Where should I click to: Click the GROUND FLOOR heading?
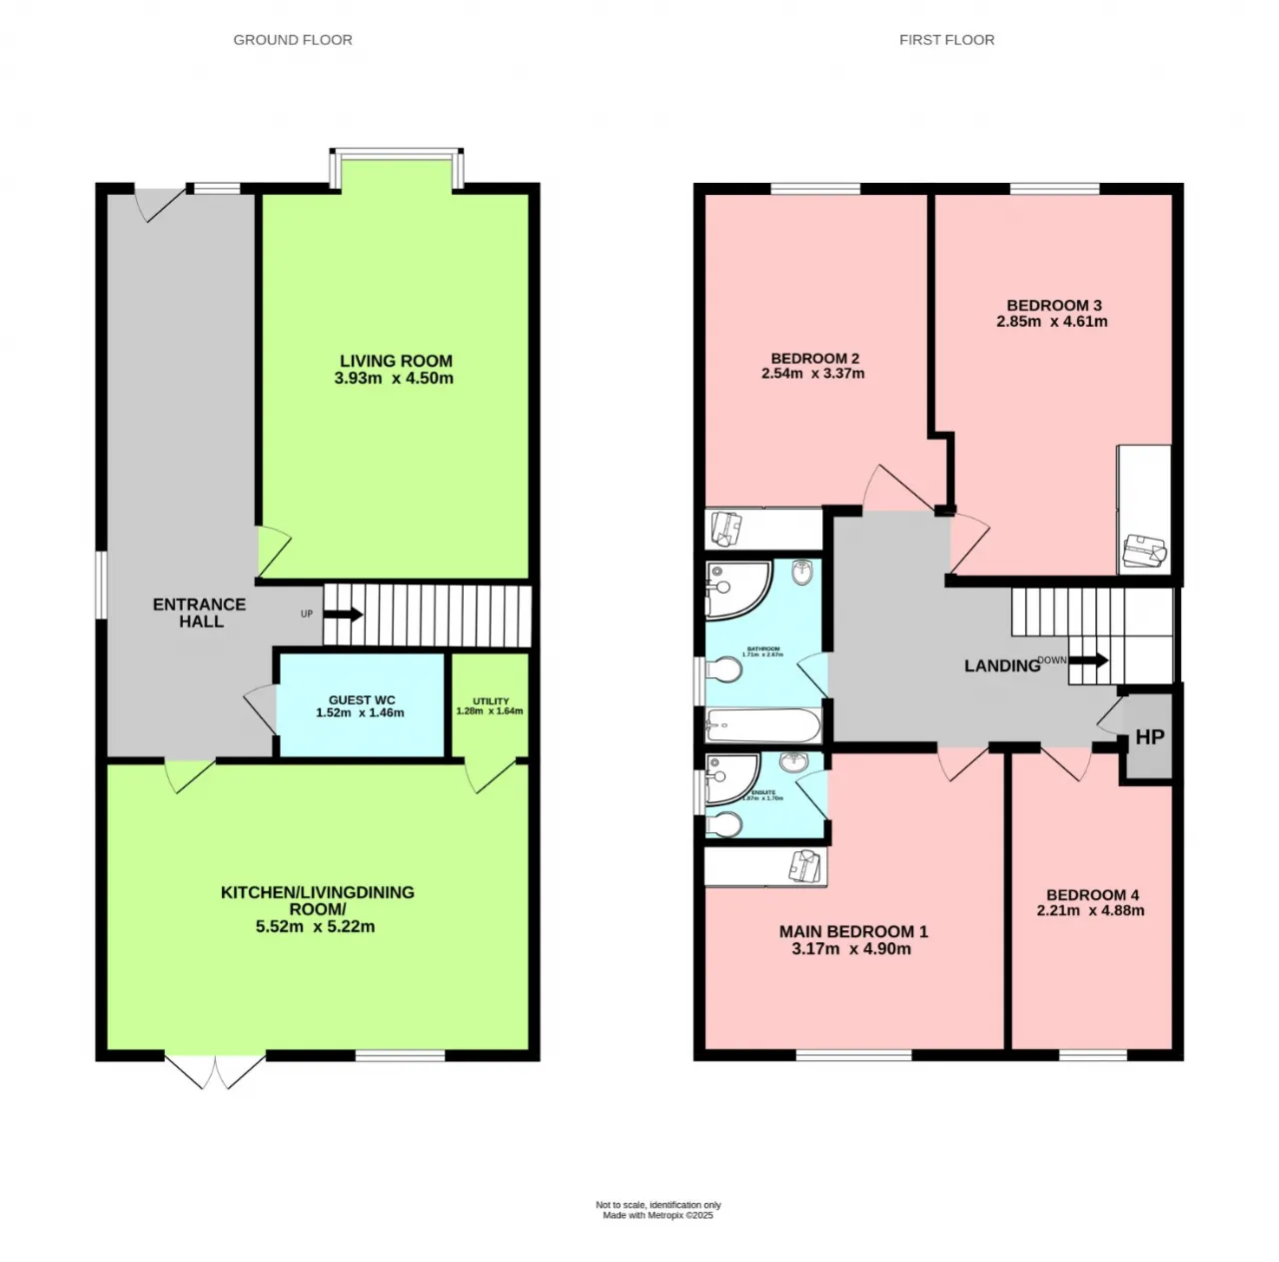pos(293,40)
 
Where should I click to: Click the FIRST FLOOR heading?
pos(946,40)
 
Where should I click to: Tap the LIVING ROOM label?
pos(396,361)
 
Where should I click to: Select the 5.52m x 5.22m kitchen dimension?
pos(316,926)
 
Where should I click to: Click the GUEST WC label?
pos(362,699)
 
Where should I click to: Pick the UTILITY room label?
pos(491,701)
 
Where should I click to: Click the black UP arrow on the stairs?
pos(342,615)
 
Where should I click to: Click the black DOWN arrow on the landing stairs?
pos(1088,660)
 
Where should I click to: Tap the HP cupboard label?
pos(1149,737)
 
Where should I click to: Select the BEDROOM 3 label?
pos(1053,305)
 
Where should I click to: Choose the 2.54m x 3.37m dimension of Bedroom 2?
pos(813,374)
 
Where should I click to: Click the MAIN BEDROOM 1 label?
pos(853,931)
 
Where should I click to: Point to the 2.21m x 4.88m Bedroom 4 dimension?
pos(1091,910)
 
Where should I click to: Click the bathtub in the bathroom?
pos(764,725)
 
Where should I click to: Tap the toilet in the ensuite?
pos(725,823)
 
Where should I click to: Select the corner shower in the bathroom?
pos(734,590)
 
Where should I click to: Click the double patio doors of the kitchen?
pos(215,1071)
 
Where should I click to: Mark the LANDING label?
pos(1001,666)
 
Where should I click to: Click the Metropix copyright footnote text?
pos(657,1216)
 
